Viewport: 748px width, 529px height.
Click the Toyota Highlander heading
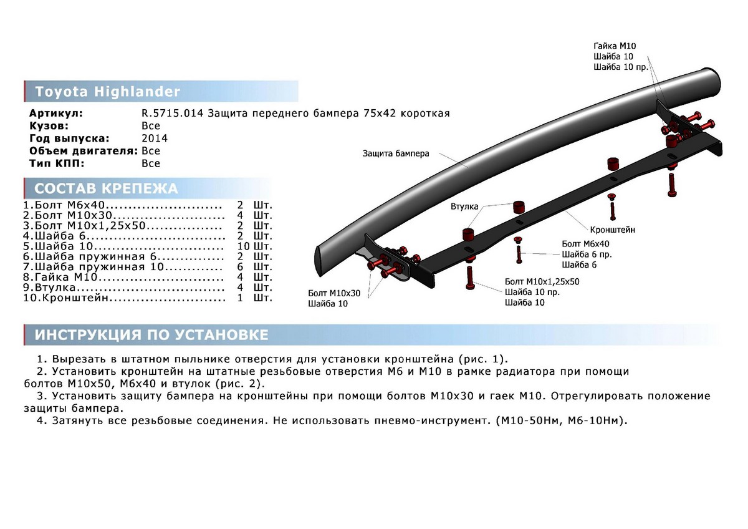click(x=107, y=92)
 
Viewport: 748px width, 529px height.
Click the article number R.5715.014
click(x=172, y=114)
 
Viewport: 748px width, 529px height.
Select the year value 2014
click(x=155, y=138)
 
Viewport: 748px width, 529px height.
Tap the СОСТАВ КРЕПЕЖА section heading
click(x=106, y=188)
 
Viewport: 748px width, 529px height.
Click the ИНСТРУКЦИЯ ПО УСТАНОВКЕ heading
click(x=151, y=335)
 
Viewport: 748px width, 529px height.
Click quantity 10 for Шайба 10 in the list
click(x=244, y=246)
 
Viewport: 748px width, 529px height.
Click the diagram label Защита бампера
click(x=396, y=153)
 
